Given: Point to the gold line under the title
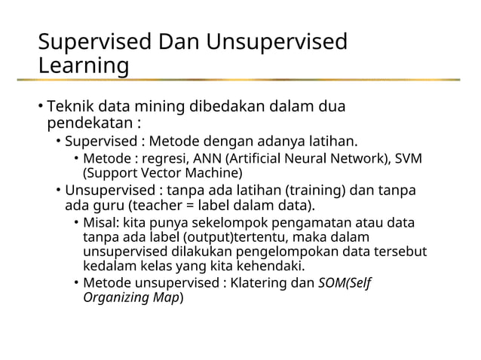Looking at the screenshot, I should coord(249,80).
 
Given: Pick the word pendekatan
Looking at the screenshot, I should coord(90,122).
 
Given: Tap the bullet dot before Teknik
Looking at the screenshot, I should coord(41,107).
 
